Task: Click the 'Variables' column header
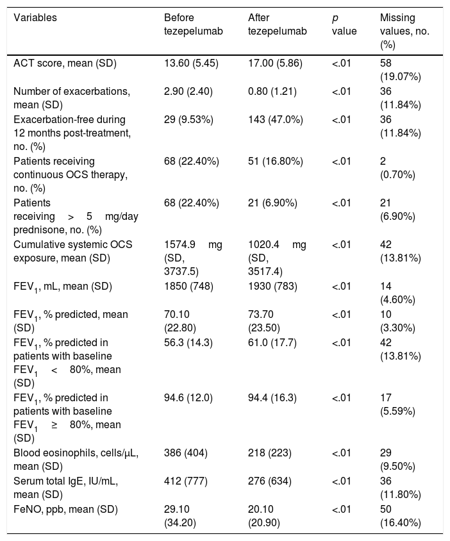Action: click(x=35, y=17)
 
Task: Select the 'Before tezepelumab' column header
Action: click(x=193, y=24)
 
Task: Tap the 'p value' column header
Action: click(x=344, y=24)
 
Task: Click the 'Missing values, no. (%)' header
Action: click(x=404, y=31)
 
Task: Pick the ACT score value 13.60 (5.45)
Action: click(x=191, y=63)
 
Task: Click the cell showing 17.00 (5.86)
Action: click(x=275, y=63)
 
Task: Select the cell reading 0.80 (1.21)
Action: click(x=272, y=92)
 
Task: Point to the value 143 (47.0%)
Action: click(x=276, y=120)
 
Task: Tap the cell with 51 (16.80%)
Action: click(x=276, y=162)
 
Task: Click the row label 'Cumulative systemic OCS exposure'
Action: click(x=73, y=251)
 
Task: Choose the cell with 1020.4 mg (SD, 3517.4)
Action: click(x=277, y=258)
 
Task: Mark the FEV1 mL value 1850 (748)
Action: click(x=188, y=287)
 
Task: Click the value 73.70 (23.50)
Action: click(x=264, y=321)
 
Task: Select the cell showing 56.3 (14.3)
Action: click(x=188, y=342)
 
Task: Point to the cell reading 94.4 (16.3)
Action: click(x=272, y=398)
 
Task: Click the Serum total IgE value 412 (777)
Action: click(x=186, y=481)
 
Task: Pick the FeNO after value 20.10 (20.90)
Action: click(x=264, y=516)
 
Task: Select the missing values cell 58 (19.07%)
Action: click(x=400, y=70)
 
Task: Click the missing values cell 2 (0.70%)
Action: click(x=397, y=168)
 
